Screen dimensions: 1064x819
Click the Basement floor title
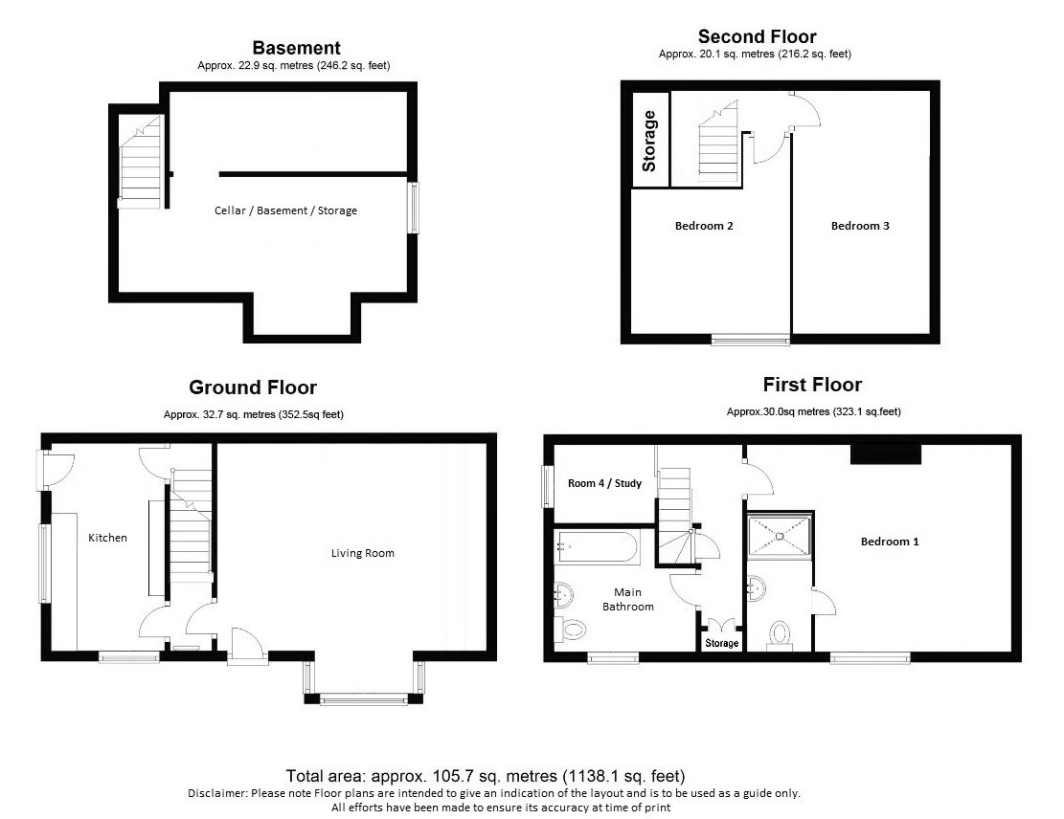(x=297, y=48)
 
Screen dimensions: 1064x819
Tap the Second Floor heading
(x=758, y=36)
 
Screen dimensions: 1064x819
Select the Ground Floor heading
(x=253, y=387)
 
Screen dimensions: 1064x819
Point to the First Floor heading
(x=812, y=385)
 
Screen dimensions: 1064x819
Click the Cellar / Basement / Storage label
(x=285, y=210)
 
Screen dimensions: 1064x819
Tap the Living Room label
(x=362, y=553)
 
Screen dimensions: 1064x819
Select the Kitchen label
(x=108, y=538)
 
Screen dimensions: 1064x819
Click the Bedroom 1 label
(x=890, y=542)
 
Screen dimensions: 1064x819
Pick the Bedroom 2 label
(x=704, y=226)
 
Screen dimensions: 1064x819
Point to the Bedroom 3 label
(x=860, y=226)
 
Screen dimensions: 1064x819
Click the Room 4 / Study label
(x=604, y=483)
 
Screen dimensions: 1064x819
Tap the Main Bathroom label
(x=628, y=599)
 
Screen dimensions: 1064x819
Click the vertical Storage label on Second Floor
(x=649, y=141)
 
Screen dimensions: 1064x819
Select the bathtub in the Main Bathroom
(x=597, y=548)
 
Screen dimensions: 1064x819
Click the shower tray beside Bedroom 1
(x=780, y=537)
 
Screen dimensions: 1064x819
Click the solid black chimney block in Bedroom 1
(x=886, y=454)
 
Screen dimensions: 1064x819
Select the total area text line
(x=486, y=776)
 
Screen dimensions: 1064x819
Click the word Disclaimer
(x=217, y=793)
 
